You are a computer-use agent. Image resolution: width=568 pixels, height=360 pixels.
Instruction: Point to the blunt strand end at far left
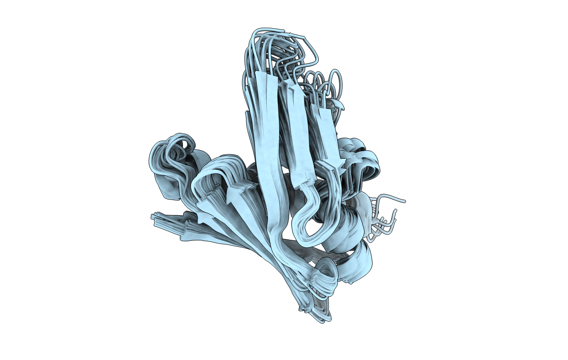155,217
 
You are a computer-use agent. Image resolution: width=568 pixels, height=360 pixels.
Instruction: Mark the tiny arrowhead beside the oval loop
340,105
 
